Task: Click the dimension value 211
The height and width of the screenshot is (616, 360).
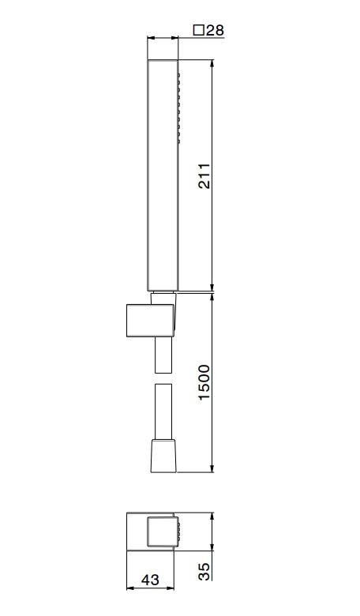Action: [x=204, y=175]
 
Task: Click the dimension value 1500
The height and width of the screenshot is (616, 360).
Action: [x=204, y=382]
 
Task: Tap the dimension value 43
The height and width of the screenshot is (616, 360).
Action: [x=150, y=580]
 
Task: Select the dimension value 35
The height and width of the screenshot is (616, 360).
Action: [x=204, y=572]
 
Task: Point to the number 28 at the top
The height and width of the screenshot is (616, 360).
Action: [x=215, y=30]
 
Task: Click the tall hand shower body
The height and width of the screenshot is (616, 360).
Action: [x=163, y=175]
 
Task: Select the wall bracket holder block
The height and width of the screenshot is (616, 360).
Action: [x=150, y=320]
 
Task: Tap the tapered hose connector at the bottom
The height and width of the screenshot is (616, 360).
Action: [x=163, y=456]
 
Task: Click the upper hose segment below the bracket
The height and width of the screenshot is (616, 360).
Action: [x=163, y=355]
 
